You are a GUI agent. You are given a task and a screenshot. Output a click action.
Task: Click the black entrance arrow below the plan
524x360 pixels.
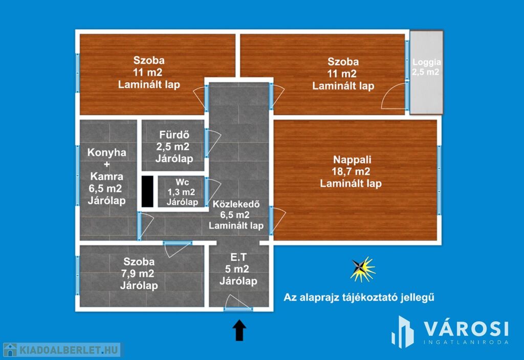pos(239,330)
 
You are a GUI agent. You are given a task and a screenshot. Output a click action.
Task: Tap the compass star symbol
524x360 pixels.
pos(362,269)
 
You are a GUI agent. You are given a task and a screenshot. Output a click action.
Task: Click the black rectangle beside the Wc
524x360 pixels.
pos(147,191)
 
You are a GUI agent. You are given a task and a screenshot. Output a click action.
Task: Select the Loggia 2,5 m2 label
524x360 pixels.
pos(426,67)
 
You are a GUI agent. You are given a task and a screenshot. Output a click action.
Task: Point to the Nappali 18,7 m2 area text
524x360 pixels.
pos(351,172)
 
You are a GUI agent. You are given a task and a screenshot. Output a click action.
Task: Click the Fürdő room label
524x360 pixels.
pos(174,134)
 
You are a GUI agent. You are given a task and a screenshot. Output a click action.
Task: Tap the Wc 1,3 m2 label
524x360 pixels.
pos(182,192)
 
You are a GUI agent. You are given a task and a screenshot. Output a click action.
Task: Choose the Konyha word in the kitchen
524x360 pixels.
pos(106,152)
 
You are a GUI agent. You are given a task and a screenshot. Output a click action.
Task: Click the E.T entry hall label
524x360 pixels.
pos(238,257)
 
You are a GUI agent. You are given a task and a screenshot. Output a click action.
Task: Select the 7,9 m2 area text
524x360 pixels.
pos(138,274)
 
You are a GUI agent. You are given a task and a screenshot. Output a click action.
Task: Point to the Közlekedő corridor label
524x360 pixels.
pos(236,204)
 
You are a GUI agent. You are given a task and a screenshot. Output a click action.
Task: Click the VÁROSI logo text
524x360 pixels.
pos(467,329)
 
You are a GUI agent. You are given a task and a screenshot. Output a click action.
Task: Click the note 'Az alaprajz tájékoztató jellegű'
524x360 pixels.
pos(359,297)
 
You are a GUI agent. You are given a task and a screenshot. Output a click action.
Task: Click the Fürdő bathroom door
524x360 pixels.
pos(213,143)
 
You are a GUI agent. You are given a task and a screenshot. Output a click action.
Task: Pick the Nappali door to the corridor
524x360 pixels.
pos(278,220)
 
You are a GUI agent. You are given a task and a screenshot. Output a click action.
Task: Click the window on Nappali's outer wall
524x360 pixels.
pos(439,181)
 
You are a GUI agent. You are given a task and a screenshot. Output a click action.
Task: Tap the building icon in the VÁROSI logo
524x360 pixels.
pos(403,332)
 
